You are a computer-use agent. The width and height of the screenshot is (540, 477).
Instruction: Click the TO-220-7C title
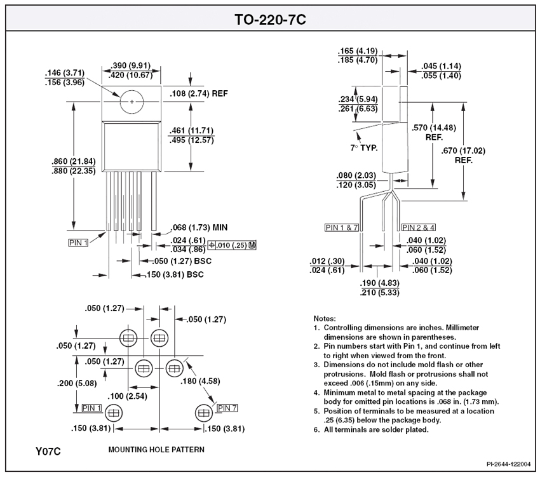[x=271, y=19]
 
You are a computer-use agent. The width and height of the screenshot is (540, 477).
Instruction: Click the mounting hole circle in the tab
[x=132, y=102]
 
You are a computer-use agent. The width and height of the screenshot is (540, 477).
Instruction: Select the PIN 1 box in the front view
[x=78, y=243]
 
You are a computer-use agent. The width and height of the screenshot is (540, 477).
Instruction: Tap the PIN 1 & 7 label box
[x=342, y=227]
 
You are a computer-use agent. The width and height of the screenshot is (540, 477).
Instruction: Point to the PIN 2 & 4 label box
[x=419, y=227]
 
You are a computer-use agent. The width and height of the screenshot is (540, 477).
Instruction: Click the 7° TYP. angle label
[x=364, y=148]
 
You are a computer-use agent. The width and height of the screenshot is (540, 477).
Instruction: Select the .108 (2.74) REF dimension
[x=199, y=93]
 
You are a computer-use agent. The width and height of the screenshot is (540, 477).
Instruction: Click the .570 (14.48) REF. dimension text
[x=434, y=133]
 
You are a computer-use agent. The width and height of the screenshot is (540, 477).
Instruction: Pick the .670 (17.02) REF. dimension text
[x=463, y=156]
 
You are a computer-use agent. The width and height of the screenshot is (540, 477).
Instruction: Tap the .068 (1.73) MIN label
[x=199, y=227]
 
